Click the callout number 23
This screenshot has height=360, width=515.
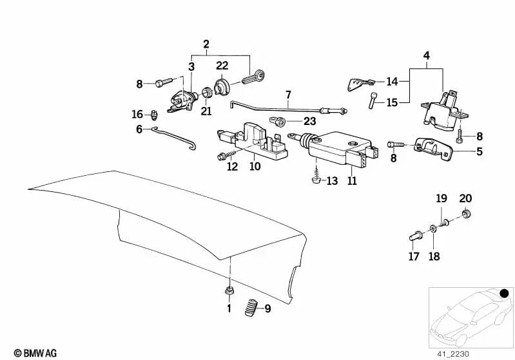(x=309, y=121)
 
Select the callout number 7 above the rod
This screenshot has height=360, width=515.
(x=288, y=95)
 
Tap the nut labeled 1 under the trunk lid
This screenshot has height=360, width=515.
(x=229, y=290)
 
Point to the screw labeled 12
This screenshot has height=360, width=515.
(x=227, y=155)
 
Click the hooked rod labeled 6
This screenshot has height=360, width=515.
(x=175, y=138)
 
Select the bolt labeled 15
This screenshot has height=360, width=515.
(x=372, y=100)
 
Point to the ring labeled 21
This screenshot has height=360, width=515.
(x=207, y=92)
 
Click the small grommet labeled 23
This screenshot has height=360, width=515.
(x=277, y=122)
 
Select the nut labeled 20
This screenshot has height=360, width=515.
(x=466, y=214)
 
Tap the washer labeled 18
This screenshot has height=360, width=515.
(x=433, y=229)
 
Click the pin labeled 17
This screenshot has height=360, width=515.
(x=416, y=236)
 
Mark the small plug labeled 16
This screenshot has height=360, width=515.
(x=154, y=115)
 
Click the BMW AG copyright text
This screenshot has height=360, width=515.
(x=35, y=353)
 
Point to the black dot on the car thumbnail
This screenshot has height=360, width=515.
(x=505, y=293)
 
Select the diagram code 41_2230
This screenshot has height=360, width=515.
(x=453, y=354)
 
